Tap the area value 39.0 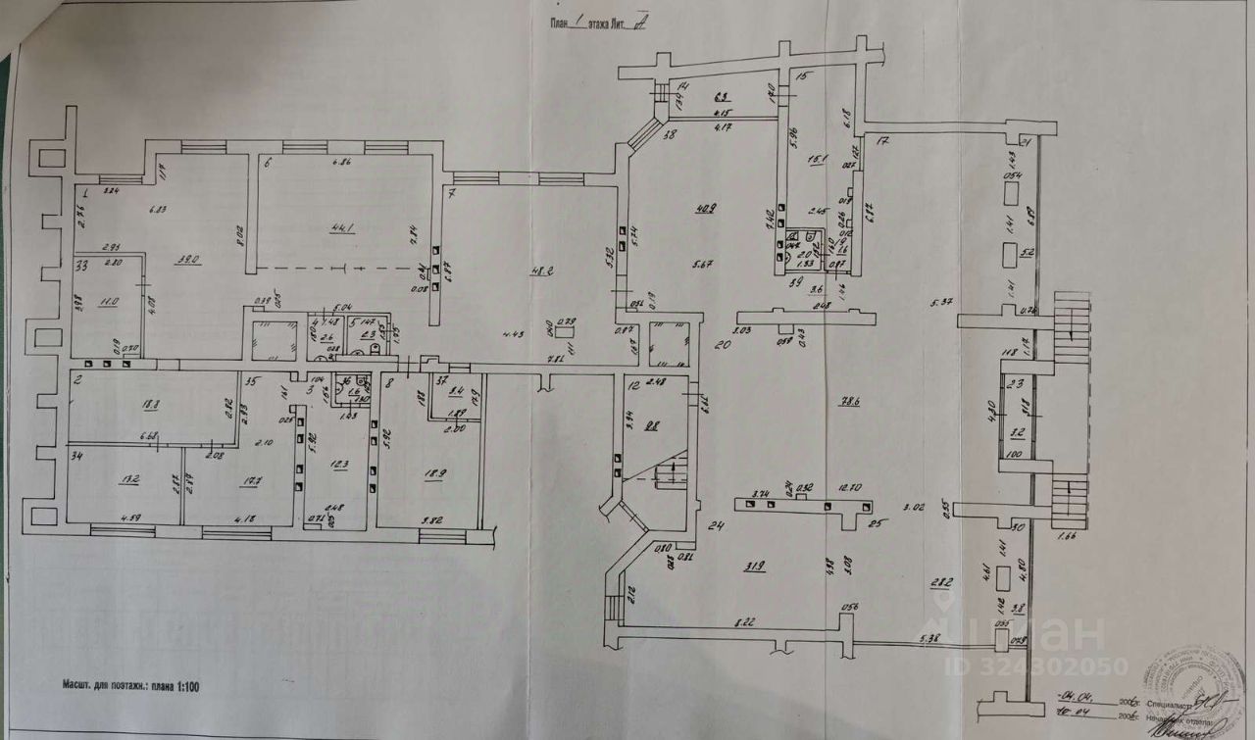(188, 260)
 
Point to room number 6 (267, 164)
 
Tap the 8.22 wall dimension (747, 622)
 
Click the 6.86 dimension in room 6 (342, 163)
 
